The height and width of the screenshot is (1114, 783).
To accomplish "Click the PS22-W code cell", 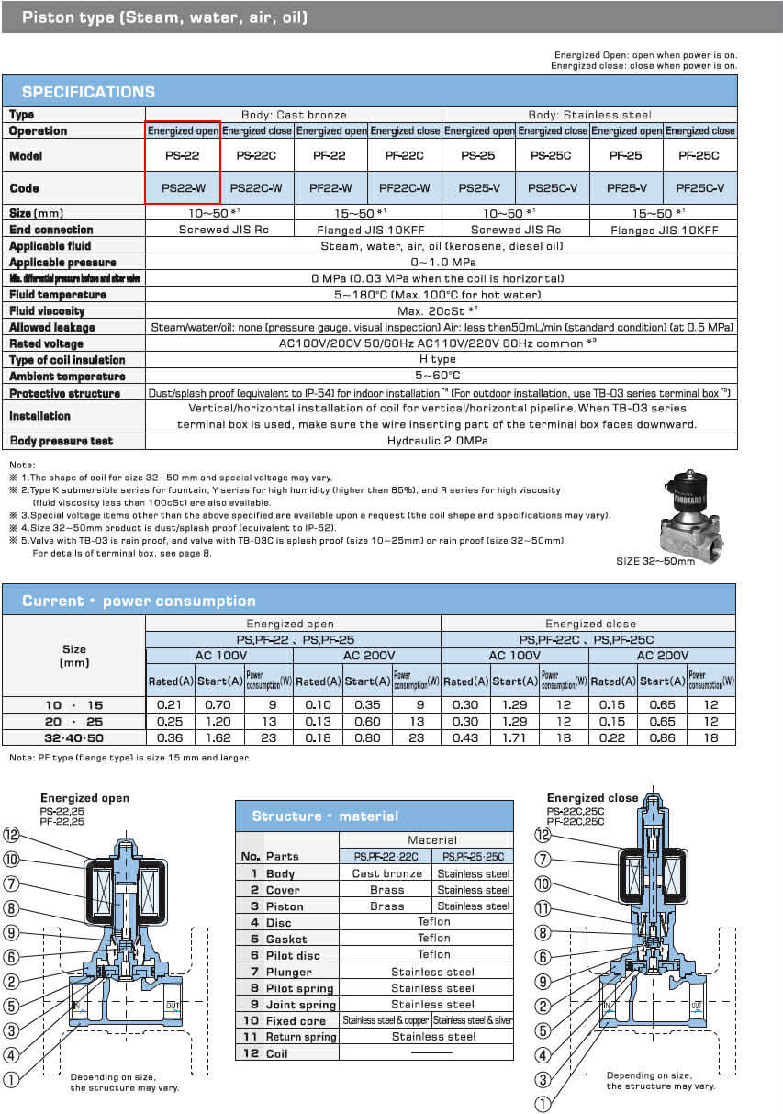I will point(183,188).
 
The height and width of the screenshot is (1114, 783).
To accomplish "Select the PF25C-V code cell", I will point(699,188).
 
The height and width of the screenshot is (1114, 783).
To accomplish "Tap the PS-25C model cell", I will point(552,156).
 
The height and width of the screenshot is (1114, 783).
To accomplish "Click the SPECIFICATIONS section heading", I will point(88,92).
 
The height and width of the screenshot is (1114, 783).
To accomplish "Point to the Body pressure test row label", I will point(61,441).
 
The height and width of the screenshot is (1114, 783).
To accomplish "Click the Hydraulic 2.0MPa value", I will point(441,441).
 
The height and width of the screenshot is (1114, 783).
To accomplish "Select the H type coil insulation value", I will point(441,360).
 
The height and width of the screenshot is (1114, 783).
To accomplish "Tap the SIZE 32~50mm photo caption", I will point(654,560).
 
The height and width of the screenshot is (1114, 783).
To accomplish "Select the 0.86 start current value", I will point(662,737).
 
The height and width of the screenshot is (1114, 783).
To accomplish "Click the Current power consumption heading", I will point(139,601).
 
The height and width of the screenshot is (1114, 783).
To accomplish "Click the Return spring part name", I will point(301,1037).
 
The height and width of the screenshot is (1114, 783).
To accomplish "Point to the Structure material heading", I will point(325,816).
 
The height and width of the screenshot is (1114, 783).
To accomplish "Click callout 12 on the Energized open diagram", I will point(11,836).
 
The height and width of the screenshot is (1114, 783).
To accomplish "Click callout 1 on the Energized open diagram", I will point(11,1081).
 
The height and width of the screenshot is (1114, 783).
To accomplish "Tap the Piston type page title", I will point(165,17).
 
